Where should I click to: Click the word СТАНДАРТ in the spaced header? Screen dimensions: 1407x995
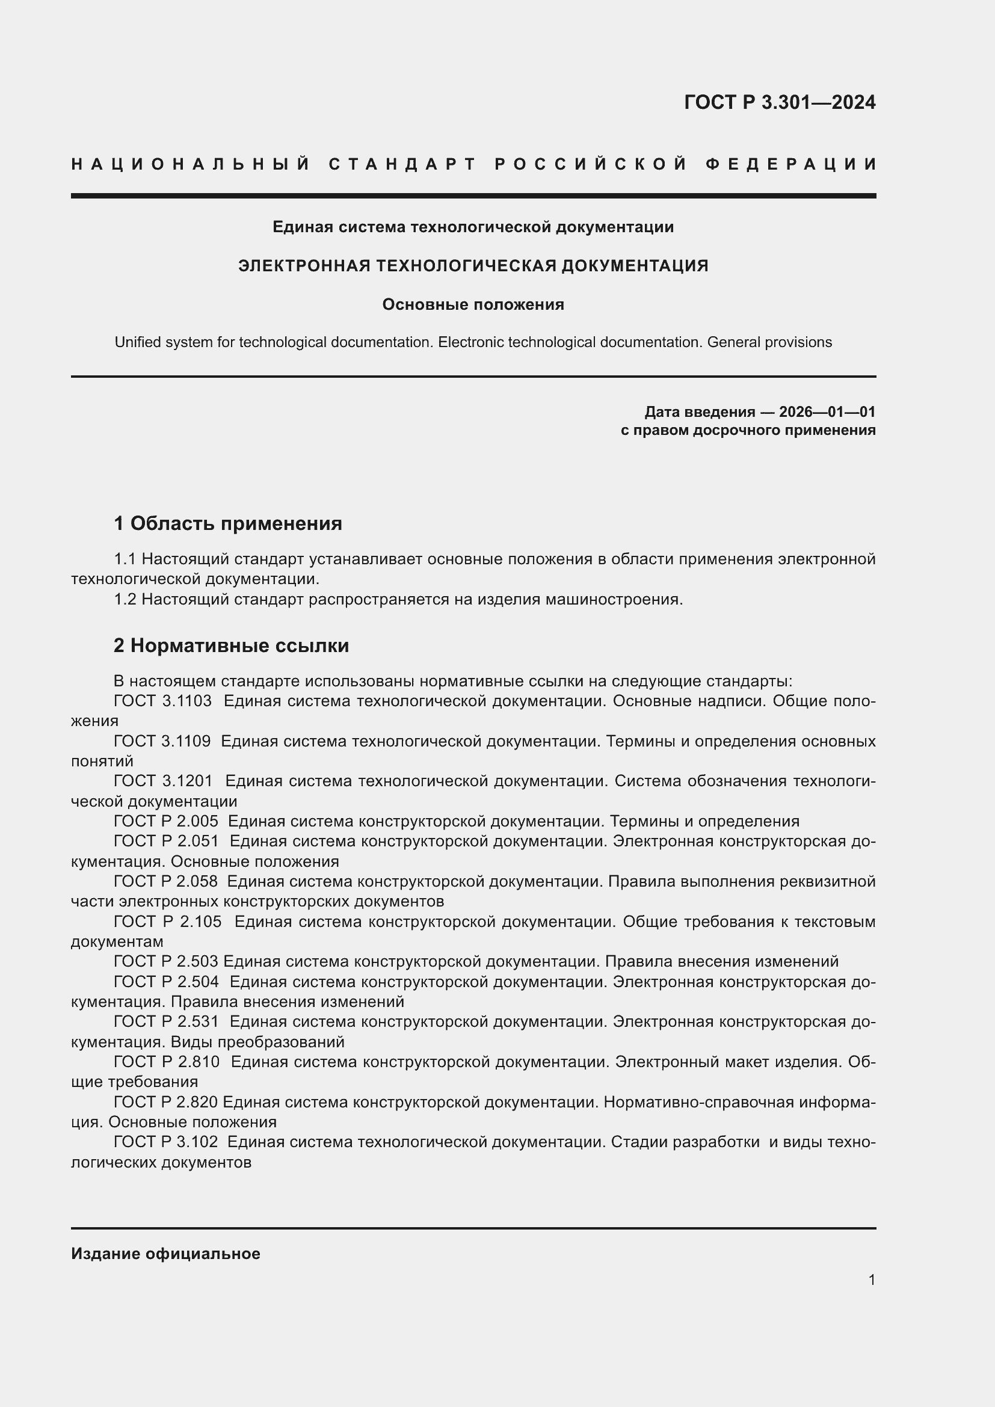(x=402, y=164)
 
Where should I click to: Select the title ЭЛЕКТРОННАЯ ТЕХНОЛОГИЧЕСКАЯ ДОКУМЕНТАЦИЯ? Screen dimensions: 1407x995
(x=473, y=266)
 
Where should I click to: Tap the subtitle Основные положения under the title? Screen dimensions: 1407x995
(x=473, y=304)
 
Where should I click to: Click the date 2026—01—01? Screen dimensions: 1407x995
(x=827, y=412)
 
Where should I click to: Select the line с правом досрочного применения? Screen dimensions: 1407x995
(x=748, y=430)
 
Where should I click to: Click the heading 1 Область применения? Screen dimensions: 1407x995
(x=228, y=523)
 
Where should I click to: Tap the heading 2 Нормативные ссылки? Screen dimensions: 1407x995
(x=231, y=645)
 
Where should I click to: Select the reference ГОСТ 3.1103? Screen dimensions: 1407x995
(x=162, y=701)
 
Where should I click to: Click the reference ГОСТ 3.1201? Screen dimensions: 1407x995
(x=163, y=781)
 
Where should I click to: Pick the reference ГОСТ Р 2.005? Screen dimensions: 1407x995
(x=165, y=821)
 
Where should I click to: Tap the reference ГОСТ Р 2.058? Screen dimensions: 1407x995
(x=165, y=882)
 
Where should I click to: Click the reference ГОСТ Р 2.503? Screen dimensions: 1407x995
(x=165, y=961)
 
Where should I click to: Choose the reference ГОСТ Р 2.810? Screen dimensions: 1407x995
(x=166, y=1062)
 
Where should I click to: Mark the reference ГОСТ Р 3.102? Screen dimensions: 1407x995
(x=165, y=1142)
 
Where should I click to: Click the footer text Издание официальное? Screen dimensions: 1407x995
(x=165, y=1254)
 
